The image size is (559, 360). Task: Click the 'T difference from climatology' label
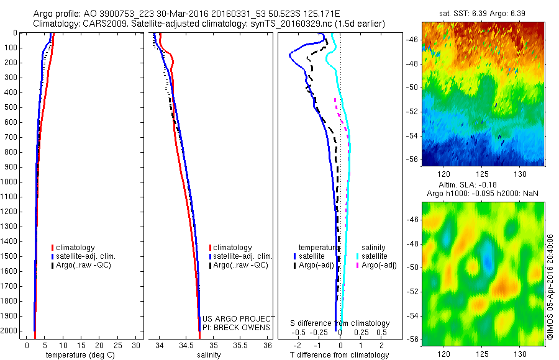click(340, 355)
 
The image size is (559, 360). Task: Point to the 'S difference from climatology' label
click(340, 323)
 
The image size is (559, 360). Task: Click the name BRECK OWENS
click(245, 327)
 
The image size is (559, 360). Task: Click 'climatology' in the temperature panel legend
click(76, 248)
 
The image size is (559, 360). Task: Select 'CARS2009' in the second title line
click(96, 24)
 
